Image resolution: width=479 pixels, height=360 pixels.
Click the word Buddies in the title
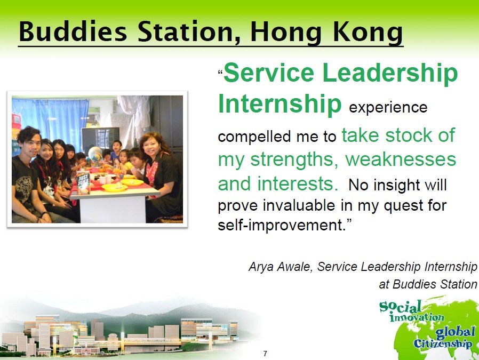tap(73, 31)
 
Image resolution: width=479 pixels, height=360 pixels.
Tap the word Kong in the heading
tap(368, 33)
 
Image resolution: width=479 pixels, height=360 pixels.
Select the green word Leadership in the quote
tap(390, 73)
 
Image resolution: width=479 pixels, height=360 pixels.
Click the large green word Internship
tap(280, 103)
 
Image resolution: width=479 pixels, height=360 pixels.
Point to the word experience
tap(388, 108)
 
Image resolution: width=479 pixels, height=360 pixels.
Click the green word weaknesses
tap(401, 159)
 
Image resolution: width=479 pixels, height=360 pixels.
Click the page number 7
tap(265, 354)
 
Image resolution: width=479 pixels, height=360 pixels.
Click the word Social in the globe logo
tap(401, 307)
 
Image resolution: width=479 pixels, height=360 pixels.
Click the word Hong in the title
tap(286, 33)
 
